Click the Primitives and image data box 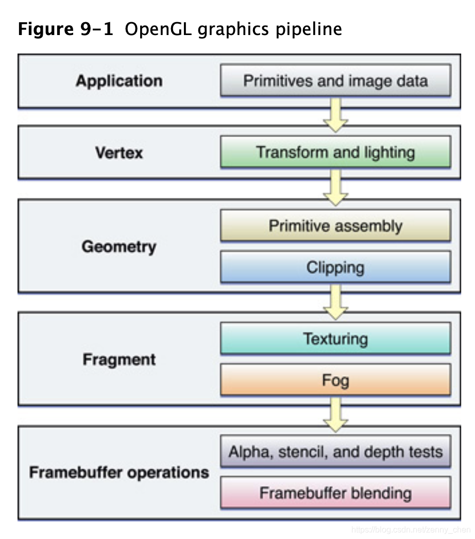(x=335, y=81)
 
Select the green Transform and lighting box (x=335, y=153)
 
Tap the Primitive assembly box (x=335, y=226)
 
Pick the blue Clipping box (x=335, y=267)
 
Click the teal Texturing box (x=335, y=339)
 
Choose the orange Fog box (x=335, y=380)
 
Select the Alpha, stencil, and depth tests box (x=335, y=452)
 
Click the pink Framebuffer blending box (x=335, y=493)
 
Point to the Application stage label (x=119, y=81)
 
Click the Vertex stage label (x=119, y=153)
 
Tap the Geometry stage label (x=119, y=246)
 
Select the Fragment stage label (x=119, y=359)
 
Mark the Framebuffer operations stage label (x=119, y=473)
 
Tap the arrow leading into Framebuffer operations (x=335, y=415)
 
